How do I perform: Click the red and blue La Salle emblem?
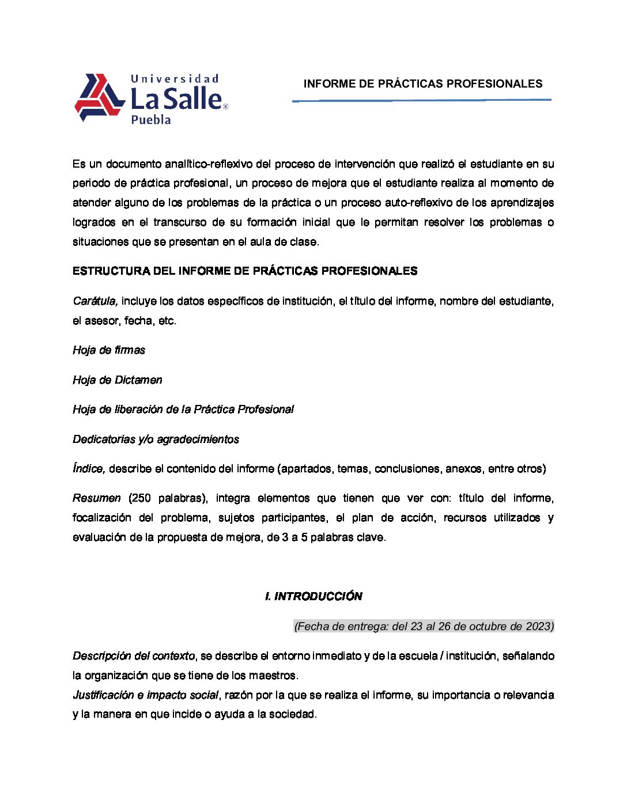(99, 97)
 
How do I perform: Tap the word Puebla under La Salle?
(151, 120)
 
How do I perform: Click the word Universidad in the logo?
(175, 79)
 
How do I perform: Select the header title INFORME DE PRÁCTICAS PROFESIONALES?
(423, 84)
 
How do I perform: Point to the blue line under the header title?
(421, 100)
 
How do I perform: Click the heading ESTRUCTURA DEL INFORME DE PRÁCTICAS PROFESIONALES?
(245, 271)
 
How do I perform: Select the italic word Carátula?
(95, 301)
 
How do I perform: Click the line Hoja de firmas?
(109, 350)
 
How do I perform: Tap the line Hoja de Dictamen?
(118, 380)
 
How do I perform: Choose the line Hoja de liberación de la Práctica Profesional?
(183, 410)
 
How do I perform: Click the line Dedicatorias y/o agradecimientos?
(156, 439)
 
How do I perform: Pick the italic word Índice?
(89, 469)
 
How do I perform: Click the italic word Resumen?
(97, 498)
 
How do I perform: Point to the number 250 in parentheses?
(141, 498)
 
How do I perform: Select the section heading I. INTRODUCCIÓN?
(313, 597)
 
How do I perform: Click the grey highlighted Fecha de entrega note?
(424, 627)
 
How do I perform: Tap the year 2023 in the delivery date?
(538, 627)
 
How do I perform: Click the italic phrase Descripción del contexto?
(134, 656)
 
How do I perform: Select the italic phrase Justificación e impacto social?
(145, 695)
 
